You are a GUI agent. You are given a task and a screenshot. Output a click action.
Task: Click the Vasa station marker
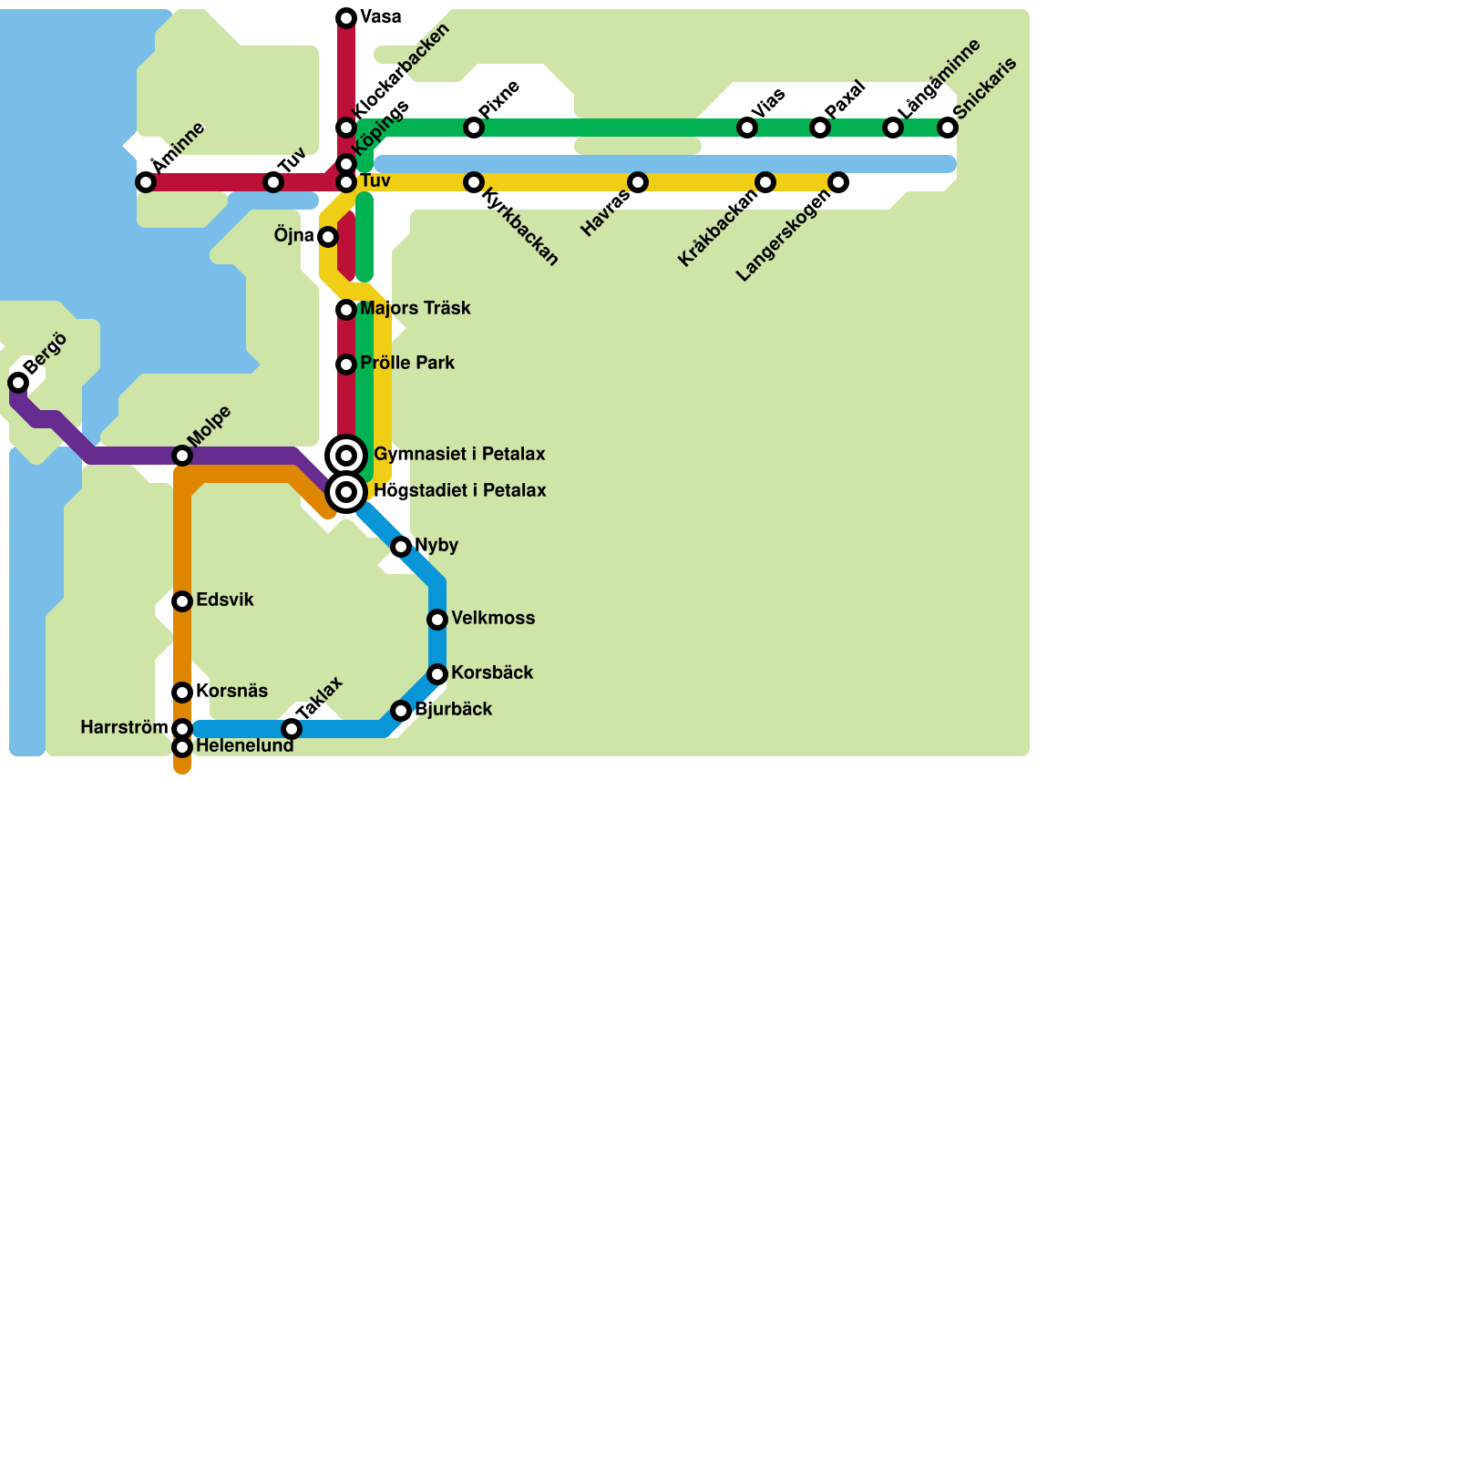point(346,18)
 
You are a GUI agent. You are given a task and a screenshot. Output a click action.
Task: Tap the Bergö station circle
point(18,382)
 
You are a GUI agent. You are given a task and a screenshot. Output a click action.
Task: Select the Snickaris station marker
point(948,128)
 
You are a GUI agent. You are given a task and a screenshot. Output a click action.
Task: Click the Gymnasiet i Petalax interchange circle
point(346,456)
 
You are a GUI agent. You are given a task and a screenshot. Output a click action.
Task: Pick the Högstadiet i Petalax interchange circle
point(346,492)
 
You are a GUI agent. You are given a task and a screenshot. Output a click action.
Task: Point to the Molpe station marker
point(182,456)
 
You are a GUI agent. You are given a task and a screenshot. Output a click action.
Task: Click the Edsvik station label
point(225,600)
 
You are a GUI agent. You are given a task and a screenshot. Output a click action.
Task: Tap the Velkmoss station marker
point(437,620)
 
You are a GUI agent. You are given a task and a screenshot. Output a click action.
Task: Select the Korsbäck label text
point(492,673)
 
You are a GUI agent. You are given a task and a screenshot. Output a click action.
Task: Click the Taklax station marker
point(292,729)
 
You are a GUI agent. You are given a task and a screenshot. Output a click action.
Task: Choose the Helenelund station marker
point(182,747)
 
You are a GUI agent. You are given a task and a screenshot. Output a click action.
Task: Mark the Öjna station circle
point(328,237)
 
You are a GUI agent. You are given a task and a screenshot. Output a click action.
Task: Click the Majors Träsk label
point(416,308)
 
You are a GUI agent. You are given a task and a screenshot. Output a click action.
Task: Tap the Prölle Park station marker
point(346,364)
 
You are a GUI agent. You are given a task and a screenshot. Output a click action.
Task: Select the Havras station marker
point(638,182)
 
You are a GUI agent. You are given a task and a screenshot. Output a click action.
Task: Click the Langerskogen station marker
point(838,182)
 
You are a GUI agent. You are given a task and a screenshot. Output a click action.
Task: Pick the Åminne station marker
point(146,182)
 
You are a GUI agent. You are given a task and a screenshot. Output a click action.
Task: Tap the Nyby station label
point(436,545)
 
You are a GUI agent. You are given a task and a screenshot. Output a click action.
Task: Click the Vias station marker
point(747,128)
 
